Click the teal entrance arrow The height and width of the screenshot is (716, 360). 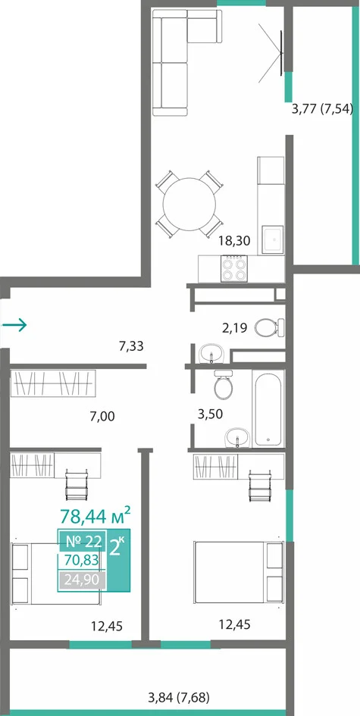14,325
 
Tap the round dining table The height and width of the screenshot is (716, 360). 189,204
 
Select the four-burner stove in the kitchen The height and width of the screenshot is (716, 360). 234,269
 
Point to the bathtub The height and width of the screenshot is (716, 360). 268,408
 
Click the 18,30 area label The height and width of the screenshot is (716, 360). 235,241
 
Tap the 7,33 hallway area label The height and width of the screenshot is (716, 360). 131,346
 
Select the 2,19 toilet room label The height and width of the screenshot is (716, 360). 235,327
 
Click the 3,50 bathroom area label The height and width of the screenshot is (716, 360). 210,414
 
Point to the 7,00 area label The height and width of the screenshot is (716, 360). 102,416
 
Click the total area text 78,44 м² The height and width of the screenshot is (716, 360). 95,516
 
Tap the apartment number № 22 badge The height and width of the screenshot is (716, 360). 83,541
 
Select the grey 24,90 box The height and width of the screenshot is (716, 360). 83,580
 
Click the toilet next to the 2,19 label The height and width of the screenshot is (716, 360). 269,327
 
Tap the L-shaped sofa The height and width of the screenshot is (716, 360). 186,62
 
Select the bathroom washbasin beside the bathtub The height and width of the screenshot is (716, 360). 237,439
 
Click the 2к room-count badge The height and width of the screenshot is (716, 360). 117,546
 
